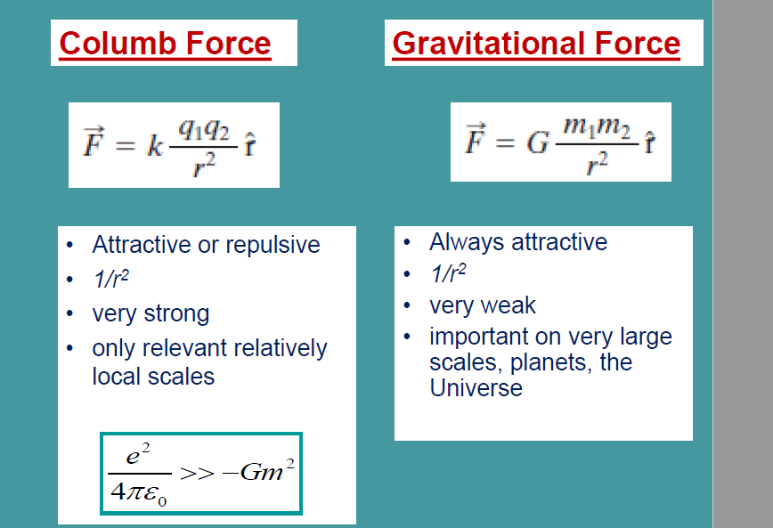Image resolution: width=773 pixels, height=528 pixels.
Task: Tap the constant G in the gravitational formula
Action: click(537, 142)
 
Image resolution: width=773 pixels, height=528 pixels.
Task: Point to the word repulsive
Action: click(275, 245)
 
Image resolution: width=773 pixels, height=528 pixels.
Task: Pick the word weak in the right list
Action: click(508, 305)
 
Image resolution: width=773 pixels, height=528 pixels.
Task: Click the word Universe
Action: click(476, 388)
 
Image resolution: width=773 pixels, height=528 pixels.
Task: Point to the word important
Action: click(485, 337)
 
